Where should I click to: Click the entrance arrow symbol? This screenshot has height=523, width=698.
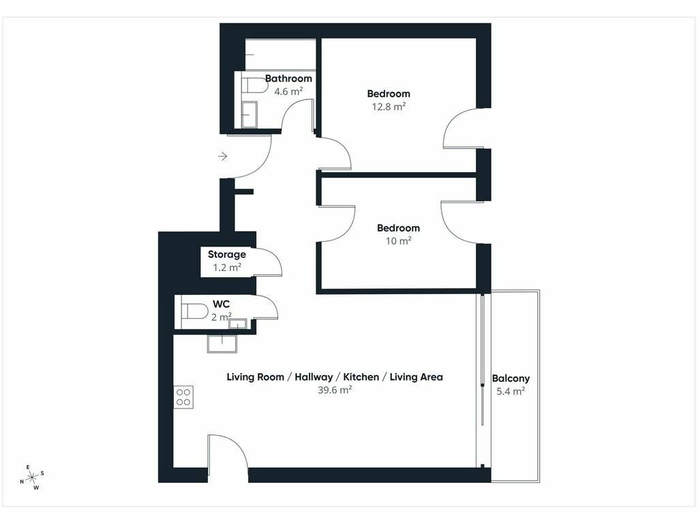pyautogui.click(x=223, y=157)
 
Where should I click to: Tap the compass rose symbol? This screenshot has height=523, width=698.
pyautogui.click(x=32, y=478)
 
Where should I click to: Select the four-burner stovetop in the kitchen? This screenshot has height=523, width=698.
pyautogui.click(x=183, y=397)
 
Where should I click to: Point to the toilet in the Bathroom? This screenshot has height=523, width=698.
pyautogui.click(x=255, y=85)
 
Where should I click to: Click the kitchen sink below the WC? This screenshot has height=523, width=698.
pyautogui.click(x=222, y=344)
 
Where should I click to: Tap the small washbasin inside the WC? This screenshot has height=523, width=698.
pyautogui.click(x=238, y=323)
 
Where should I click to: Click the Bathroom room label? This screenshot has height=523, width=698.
pyautogui.click(x=288, y=79)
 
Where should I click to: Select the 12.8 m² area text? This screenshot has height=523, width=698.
pyautogui.click(x=389, y=107)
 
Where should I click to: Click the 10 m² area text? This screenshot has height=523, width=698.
pyautogui.click(x=398, y=241)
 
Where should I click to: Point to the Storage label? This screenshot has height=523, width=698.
pyautogui.click(x=227, y=255)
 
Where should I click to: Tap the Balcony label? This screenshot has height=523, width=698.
pyautogui.click(x=511, y=379)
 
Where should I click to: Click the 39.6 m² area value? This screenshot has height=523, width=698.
pyautogui.click(x=335, y=390)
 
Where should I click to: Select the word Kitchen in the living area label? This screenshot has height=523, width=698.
pyautogui.click(x=361, y=377)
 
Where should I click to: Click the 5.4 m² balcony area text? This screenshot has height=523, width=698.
pyautogui.click(x=511, y=392)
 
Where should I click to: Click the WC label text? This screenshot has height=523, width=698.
pyautogui.click(x=222, y=304)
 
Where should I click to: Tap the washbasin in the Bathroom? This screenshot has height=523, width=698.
pyautogui.click(x=249, y=114)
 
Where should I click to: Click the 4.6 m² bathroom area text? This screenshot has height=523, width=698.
pyautogui.click(x=288, y=92)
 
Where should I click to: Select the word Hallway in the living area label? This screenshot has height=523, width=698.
pyautogui.click(x=314, y=377)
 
